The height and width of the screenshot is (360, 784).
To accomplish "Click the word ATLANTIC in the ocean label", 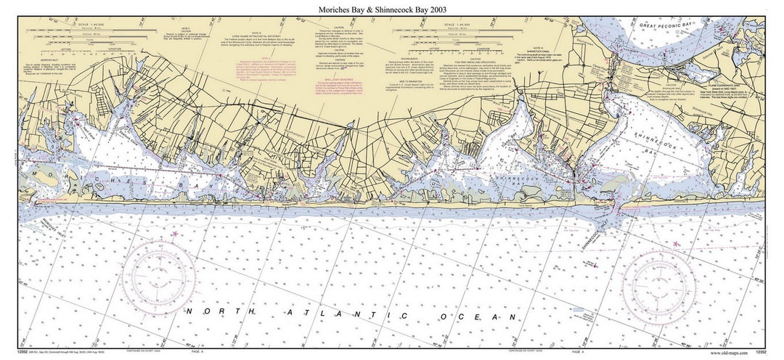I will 370,314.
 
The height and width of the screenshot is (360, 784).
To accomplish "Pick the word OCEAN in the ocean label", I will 494,316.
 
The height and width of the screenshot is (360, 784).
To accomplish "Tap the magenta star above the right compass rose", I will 677,243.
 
